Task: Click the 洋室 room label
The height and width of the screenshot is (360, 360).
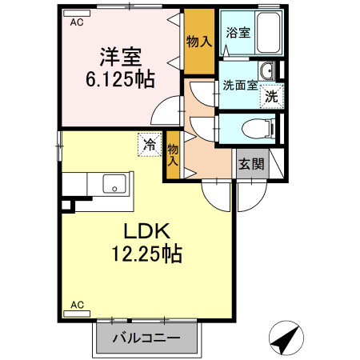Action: point(121,57)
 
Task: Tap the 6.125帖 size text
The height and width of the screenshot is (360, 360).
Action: point(121,80)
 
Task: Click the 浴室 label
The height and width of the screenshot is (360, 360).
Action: point(238,33)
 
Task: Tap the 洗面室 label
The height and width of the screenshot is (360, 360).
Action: point(240,86)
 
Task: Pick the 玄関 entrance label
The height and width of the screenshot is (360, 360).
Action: point(250,165)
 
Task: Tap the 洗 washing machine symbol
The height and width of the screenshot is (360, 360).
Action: point(272,96)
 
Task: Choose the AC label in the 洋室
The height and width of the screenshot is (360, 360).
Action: point(77,22)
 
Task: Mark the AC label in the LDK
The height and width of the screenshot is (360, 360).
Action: point(77,305)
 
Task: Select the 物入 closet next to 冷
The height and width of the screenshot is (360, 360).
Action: point(173,154)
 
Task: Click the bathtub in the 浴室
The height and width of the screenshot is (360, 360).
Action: point(265,34)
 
